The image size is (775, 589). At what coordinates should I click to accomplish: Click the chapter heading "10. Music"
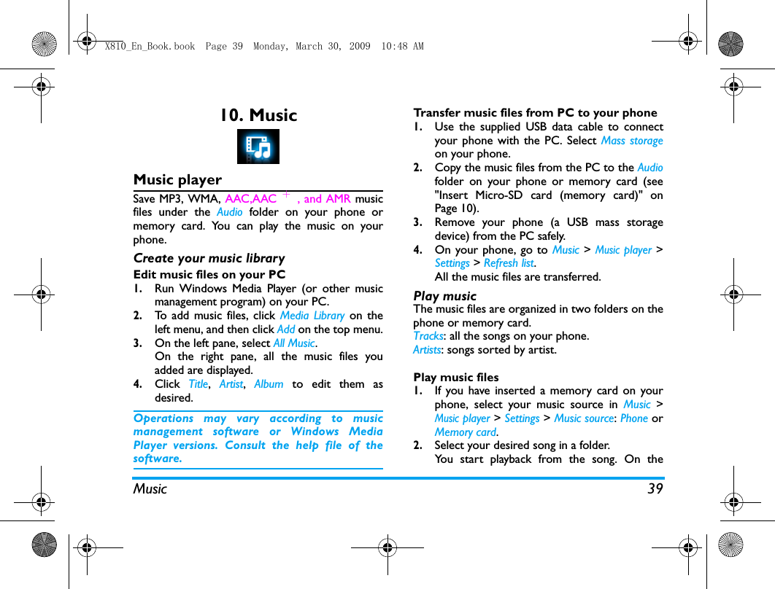(258, 115)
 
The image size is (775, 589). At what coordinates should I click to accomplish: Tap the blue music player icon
(258, 147)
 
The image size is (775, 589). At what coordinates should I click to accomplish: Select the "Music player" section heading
(177, 179)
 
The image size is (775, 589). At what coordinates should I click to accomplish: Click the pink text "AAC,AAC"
(250, 199)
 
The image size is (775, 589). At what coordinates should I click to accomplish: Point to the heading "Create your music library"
(209, 258)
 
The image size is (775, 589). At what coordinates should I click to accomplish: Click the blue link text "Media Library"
(312, 316)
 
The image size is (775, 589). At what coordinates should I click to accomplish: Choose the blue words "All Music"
(293, 343)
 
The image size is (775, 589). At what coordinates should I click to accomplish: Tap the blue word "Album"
(269, 384)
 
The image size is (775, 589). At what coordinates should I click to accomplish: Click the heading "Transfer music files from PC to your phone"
(535, 113)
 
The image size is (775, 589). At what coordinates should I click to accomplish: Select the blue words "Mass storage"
(632, 141)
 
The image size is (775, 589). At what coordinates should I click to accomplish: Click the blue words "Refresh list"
(509, 263)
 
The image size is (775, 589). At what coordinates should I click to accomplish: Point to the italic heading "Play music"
(444, 296)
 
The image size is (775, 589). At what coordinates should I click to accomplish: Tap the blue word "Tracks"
(428, 336)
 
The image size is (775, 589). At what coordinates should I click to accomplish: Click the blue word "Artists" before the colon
(427, 350)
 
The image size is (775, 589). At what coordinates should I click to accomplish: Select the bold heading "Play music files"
(456, 378)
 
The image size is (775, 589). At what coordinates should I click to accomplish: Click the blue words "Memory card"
(465, 432)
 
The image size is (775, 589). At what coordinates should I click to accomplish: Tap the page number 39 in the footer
(655, 488)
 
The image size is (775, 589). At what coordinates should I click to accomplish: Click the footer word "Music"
(150, 489)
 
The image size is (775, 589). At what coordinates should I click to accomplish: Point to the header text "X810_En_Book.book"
(150, 47)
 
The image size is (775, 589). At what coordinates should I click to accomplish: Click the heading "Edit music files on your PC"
(209, 275)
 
